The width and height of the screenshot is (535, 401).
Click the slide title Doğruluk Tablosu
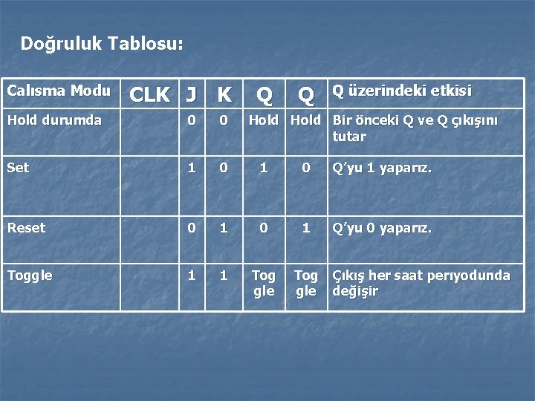(102, 44)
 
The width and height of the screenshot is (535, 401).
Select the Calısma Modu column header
(59, 91)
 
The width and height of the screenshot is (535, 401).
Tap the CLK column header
(149, 94)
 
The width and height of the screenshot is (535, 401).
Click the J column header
(191, 94)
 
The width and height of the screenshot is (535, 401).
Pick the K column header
(224, 94)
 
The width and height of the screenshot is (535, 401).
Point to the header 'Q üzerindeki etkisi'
(401, 91)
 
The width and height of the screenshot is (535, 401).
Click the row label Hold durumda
(54, 120)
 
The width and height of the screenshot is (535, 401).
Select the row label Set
(18, 168)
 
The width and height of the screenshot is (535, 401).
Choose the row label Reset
(26, 228)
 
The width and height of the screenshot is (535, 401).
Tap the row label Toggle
(30, 276)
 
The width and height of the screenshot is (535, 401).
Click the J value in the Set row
(191, 168)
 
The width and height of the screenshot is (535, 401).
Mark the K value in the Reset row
(224, 228)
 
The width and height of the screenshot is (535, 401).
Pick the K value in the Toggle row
(224, 276)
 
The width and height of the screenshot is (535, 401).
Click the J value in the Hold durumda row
(191, 120)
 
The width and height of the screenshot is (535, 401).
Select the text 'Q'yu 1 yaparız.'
(381, 168)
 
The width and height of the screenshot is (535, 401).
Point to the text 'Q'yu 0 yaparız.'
(381, 228)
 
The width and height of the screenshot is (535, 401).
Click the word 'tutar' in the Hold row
(349, 137)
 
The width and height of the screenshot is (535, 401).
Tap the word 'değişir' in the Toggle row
(354, 292)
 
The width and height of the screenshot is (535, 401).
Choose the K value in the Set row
(224, 168)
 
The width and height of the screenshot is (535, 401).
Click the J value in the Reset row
(191, 228)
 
